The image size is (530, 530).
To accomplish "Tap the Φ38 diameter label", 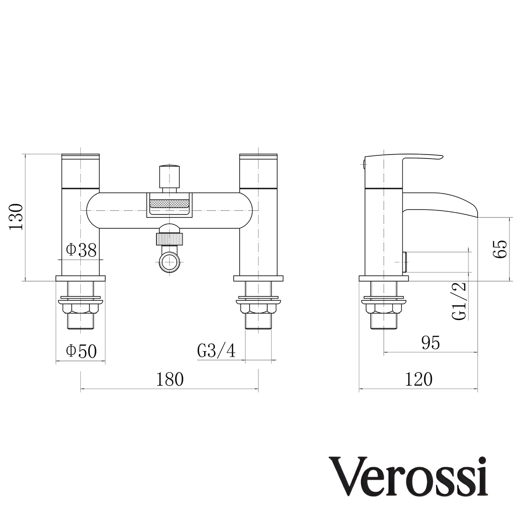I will (x=81, y=250).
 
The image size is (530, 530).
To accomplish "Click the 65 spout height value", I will (x=500, y=249).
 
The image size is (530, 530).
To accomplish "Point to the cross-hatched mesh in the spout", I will (x=170, y=204).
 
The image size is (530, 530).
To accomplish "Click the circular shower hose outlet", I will (x=170, y=263).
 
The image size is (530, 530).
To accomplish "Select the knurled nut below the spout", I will (x=170, y=239).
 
